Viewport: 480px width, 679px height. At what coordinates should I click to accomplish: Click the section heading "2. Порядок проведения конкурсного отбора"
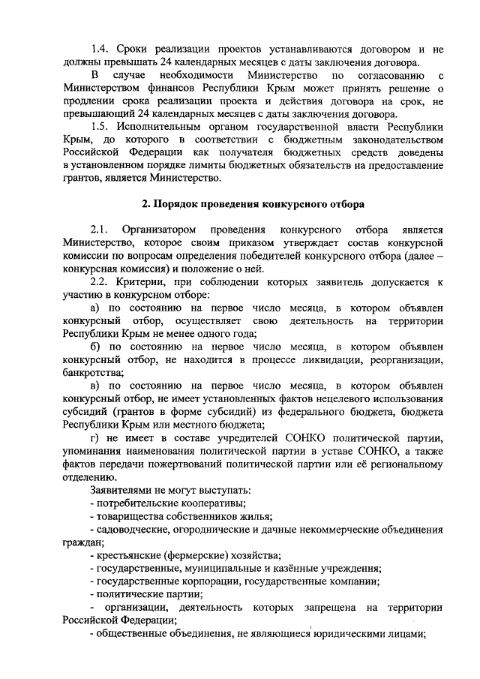[254, 203]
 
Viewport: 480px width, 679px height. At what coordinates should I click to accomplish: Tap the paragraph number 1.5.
[100, 126]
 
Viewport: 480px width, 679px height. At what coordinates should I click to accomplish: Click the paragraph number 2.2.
[100, 281]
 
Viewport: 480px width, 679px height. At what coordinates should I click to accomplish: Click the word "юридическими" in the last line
[356, 632]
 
